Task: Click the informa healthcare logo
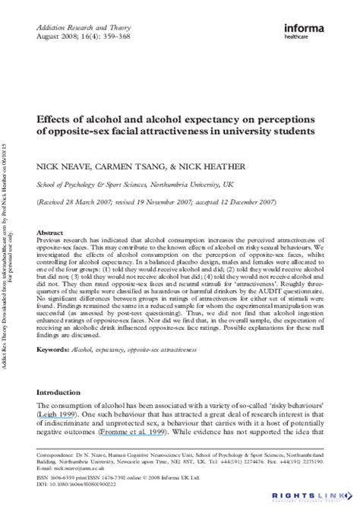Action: coord(308,32)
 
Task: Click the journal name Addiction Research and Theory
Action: coord(77,27)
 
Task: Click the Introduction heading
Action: coord(59,393)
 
